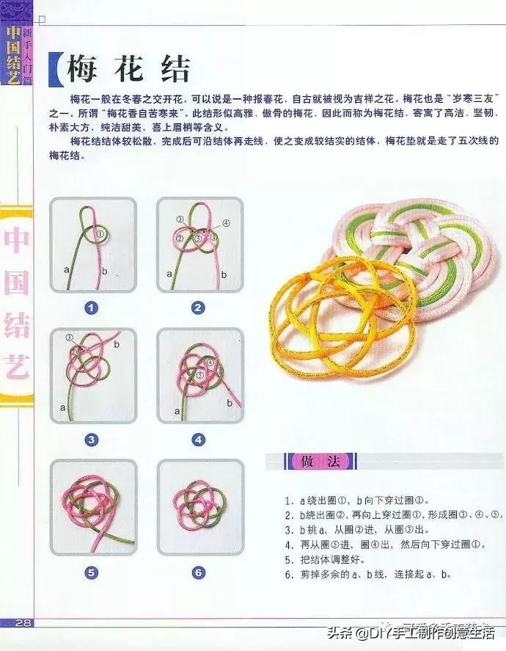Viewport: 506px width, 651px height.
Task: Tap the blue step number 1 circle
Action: (x=91, y=308)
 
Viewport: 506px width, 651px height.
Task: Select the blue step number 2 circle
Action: (x=198, y=308)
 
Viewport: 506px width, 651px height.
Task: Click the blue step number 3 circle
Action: (x=91, y=440)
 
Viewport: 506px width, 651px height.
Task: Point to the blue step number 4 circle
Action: (x=198, y=440)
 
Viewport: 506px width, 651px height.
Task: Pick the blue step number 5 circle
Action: (x=91, y=572)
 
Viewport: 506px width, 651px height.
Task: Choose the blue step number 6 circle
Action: (x=198, y=572)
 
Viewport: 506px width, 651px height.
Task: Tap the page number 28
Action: (x=23, y=623)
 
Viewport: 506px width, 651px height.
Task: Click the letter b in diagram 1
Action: (x=103, y=272)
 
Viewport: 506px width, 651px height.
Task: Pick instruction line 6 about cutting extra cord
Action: (x=367, y=575)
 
